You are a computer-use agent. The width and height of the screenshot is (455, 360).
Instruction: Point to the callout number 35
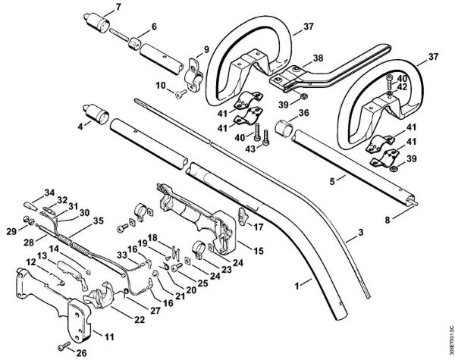coord(97,221)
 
